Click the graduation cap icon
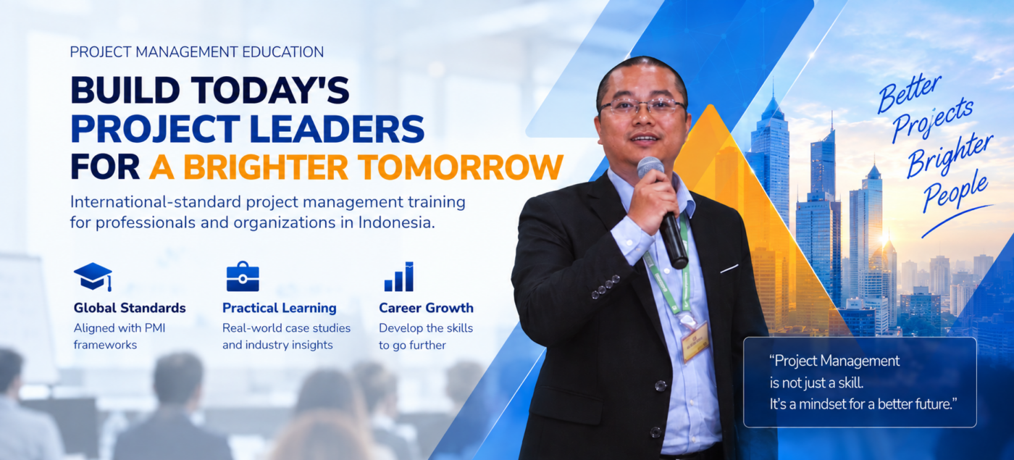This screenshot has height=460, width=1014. [93, 276]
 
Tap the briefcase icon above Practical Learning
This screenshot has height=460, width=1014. [243, 276]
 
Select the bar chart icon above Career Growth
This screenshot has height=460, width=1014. [399, 276]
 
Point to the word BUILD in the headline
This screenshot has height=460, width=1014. [125, 91]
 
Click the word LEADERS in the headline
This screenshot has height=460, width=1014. [336, 129]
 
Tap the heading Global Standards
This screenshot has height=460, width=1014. [130, 308]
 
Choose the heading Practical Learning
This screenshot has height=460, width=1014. [280, 308]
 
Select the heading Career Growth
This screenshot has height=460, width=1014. [426, 308]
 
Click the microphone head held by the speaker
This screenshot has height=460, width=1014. [650, 167]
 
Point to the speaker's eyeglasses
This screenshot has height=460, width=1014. [642, 107]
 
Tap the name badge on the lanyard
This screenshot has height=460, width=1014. [695, 340]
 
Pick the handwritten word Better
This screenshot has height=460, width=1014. [909, 93]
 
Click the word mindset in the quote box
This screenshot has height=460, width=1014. [822, 403]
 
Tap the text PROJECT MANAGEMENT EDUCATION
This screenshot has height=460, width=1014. [197, 52]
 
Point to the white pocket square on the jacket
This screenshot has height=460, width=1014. [729, 269]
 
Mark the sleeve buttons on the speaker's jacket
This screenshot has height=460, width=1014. [606, 286]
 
